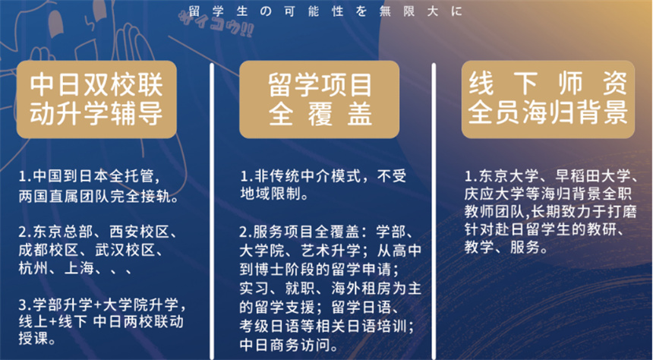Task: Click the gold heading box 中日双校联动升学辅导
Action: [97, 99]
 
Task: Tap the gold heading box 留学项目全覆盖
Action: [319, 99]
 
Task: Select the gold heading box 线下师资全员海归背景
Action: [547, 99]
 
